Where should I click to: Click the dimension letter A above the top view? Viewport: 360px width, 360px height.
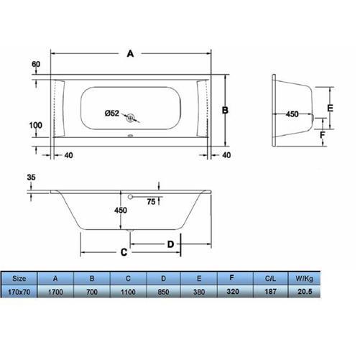pos(130,52)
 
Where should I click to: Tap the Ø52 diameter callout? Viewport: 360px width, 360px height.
pos(111,112)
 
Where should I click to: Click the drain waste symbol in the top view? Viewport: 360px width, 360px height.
pos(131,118)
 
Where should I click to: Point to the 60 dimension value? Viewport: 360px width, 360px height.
pos(35,65)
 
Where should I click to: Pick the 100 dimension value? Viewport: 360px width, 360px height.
pos(35,125)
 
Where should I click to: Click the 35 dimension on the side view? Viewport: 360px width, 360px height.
pos(29,177)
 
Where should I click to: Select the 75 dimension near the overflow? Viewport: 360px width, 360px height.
pos(152,202)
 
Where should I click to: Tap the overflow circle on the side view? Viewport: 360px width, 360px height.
pos(130,196)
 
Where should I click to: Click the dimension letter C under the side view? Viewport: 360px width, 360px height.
pos(123,251)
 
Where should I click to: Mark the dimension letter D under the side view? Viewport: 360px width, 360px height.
pos(170,244)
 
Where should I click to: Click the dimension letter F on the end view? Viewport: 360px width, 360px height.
pos(323,134)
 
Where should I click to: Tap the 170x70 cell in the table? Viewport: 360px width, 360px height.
pos(21,293)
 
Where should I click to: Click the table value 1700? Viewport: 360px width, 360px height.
pos(56,293)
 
